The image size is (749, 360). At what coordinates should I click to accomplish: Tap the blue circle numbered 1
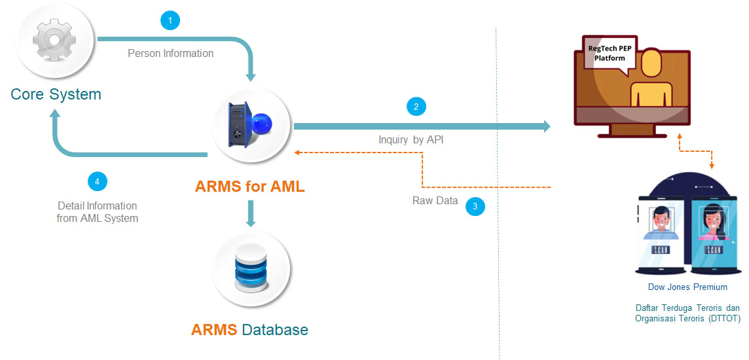click(170, 21)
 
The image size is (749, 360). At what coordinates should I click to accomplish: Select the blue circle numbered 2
click(416, 107)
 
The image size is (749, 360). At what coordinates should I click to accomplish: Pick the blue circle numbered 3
click(475, 207)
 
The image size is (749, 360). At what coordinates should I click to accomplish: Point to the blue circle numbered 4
click(97, 181)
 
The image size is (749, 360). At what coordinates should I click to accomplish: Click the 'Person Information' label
click(170, 53)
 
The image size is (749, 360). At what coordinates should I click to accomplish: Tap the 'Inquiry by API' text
click(411, 139)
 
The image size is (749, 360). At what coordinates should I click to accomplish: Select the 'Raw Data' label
click(435, 200)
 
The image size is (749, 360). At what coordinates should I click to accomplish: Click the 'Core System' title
click(56, 94)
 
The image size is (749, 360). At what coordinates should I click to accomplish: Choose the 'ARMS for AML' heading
click(249, 187)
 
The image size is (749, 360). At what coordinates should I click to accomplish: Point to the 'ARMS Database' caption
click(249, 329)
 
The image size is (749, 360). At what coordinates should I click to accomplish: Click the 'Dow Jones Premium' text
click(687, 287)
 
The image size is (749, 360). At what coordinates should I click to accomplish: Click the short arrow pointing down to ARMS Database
click(249, 213)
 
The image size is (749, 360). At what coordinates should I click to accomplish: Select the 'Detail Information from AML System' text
click(97, 212)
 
